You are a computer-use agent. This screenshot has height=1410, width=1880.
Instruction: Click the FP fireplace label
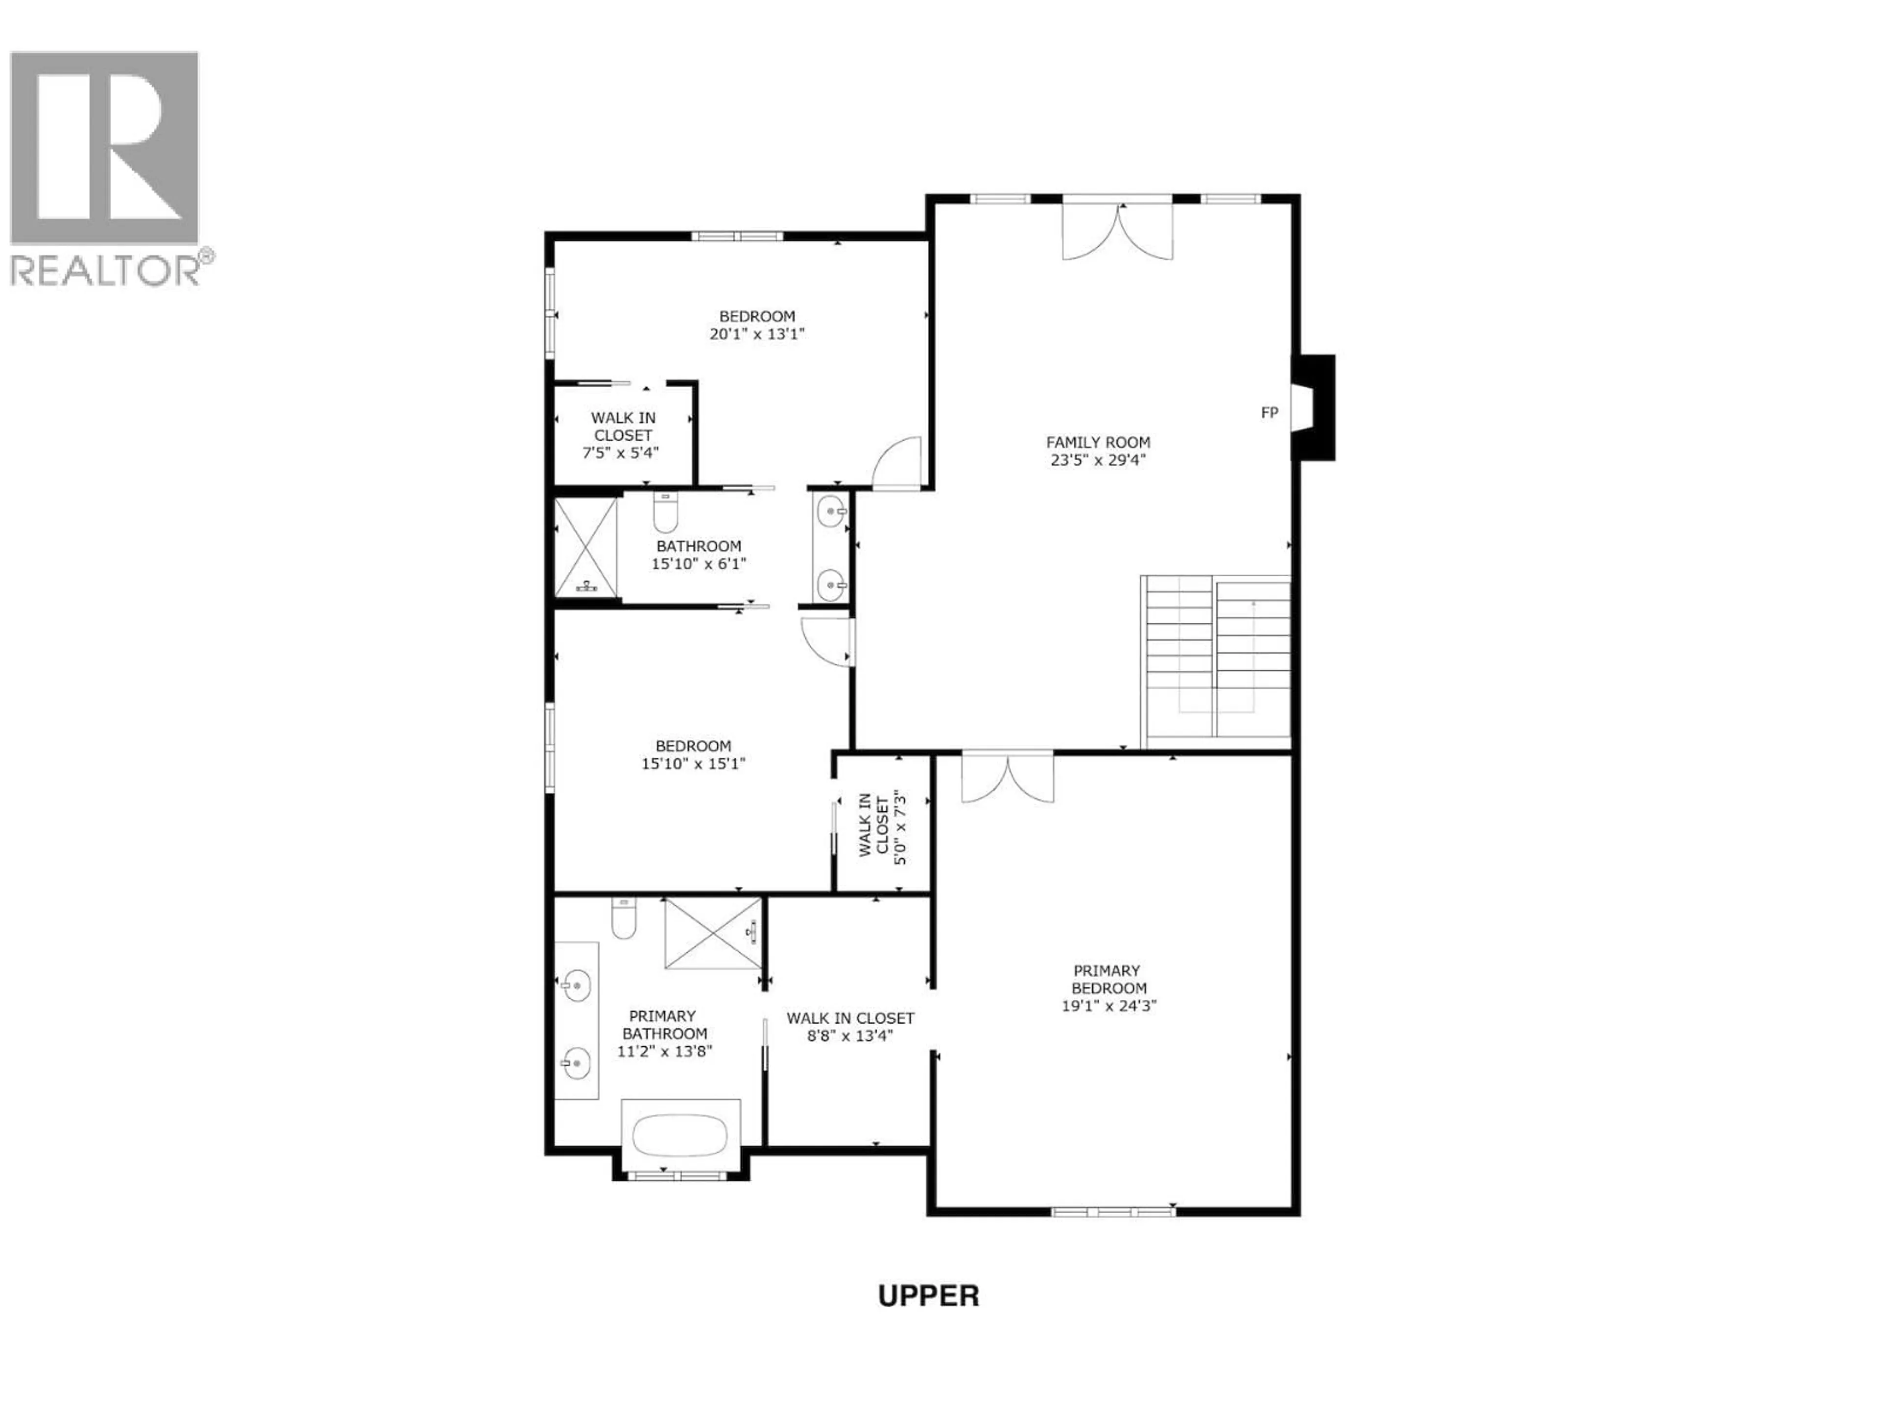pyautogui.click(x=1269, y=413)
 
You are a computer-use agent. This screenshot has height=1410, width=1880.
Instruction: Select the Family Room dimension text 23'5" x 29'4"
pyautogui.click(x=1098, y=460)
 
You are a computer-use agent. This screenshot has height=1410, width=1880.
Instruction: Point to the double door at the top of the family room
pyautogui.click(x=1118, y=230)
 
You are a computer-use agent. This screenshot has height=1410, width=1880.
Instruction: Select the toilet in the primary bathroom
pyautogui.click(x=624, y=919)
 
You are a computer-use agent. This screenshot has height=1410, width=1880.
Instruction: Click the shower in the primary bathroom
pyautogui.click(x=712, y=932)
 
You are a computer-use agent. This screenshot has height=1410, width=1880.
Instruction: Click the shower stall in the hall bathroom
pyautogui.click(x=586, y=546)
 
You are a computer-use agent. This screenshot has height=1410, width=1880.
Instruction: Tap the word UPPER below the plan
pyautogui.click(x=928, y=1296)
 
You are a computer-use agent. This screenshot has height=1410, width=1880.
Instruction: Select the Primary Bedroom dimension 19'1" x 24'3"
pyautogui.click(x=1109, y=1006)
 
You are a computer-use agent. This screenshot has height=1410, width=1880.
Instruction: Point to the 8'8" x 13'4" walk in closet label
pyautogui.click(x=850, y=1027)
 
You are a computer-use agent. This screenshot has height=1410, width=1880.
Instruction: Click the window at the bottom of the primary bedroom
pyautogui.click(x=1113, y=1211)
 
